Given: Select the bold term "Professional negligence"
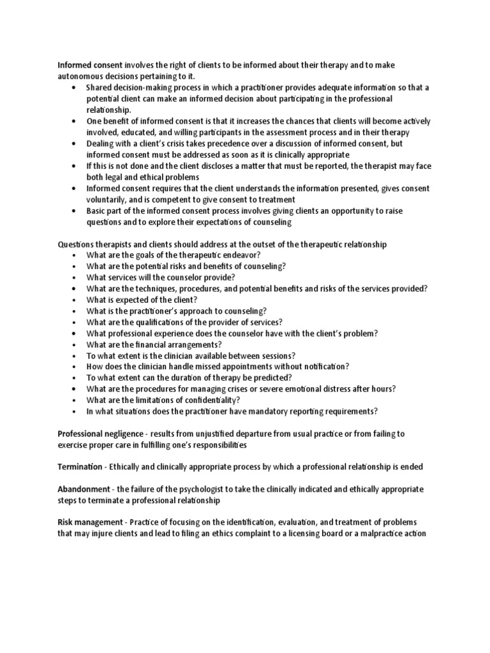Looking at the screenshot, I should coord(101,434).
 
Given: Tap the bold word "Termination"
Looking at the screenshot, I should coord(80,467).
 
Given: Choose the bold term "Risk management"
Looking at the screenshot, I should coord(89,522).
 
